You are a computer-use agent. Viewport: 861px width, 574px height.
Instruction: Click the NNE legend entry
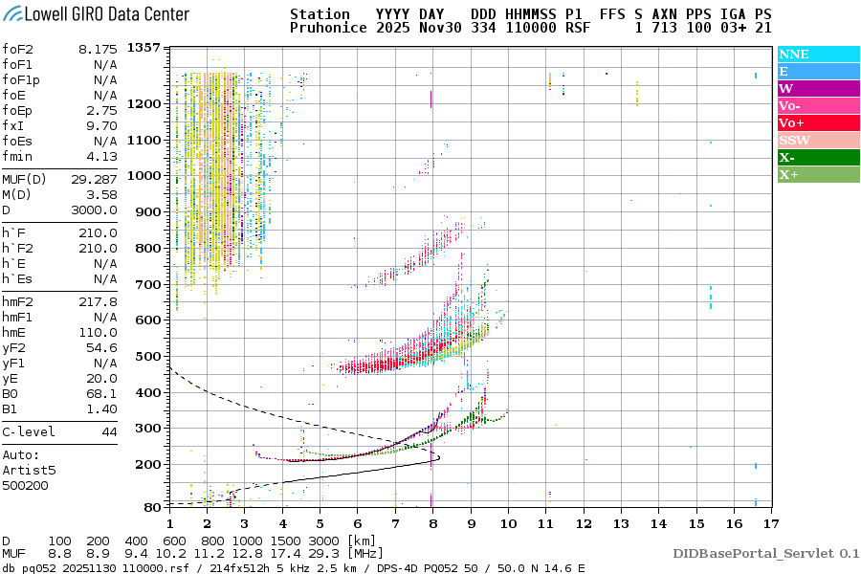click(x=793, y=55)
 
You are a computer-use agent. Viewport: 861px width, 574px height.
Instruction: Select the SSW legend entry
click(x=795, y=141)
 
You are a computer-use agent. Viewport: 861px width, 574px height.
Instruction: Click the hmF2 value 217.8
click(x=99, y=301)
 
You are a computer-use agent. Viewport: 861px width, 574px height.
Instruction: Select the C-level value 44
click(x=110, y=431)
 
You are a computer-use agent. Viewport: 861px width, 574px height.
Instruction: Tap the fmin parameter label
click(x=18, y=156)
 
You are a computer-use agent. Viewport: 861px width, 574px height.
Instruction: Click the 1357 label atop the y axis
click(x=143, y=48)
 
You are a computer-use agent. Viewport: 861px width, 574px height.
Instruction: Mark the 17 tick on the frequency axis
click(x=771, y=523)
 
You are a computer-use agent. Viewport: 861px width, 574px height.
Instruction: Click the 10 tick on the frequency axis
click(x=508, y=523)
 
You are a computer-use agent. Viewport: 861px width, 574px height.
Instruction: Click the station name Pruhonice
click(x=327, y=29)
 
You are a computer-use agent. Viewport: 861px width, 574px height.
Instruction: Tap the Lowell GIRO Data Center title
click(x=96, y=14)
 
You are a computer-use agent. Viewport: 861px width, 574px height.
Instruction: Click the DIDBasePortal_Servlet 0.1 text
click(x=765, y=554)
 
